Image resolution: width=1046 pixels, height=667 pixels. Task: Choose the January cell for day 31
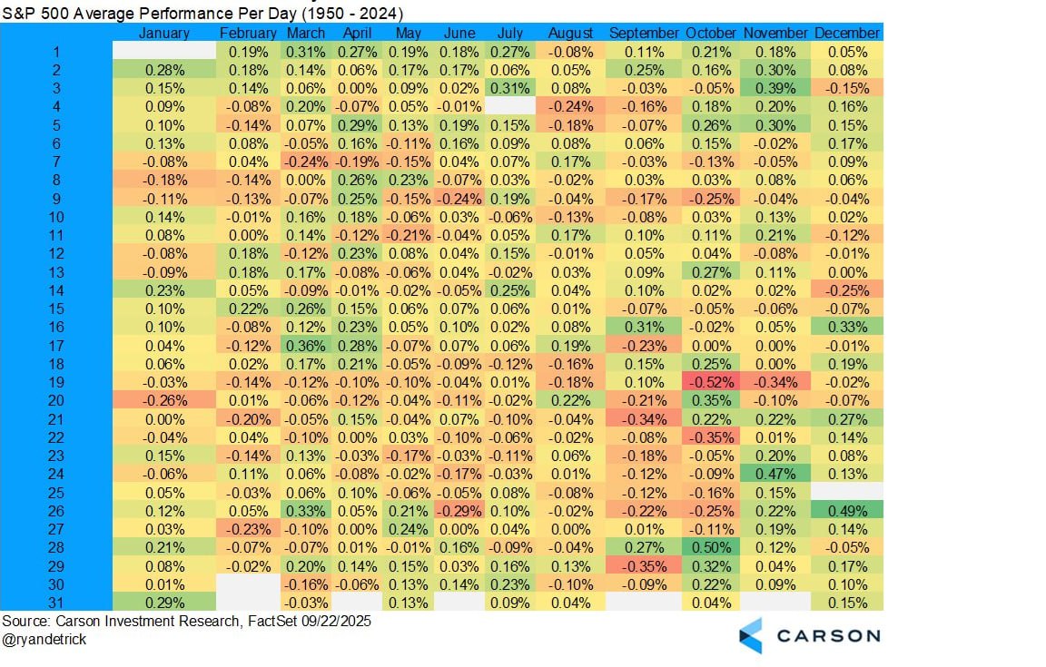pos(164,602)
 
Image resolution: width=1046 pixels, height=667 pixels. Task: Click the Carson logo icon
pos(751,635)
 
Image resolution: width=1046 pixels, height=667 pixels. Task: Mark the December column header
pos(847,33)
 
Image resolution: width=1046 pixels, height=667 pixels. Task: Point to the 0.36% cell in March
pos(305,346)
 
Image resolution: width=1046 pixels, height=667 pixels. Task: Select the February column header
pos(248,33)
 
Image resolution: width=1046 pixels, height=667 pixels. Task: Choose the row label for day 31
pos(57,602)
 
